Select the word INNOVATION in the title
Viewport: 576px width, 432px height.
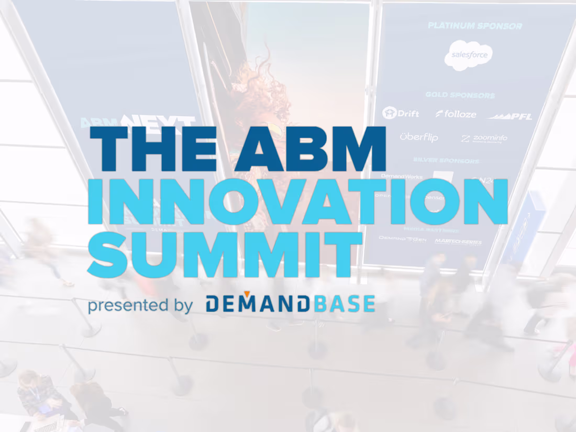(x=297, y=201)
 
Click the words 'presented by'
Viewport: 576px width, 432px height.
(x=140, y=305)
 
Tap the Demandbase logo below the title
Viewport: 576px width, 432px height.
(x=290, y=304)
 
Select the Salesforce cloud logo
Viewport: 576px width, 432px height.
(x=468, y=55)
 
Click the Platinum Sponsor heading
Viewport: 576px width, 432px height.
(x=474, y=26)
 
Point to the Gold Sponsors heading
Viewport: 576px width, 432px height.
(x=460, y=95)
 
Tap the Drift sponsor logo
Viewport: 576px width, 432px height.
(x=401, y=113)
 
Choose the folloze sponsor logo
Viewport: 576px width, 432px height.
(x=456, y=114)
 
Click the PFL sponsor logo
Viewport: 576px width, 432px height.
(x=510, y=116)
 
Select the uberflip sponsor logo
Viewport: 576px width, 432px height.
(x=418, y=138)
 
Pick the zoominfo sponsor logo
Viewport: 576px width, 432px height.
(x=484, y=139)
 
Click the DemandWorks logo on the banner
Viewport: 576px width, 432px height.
(x=402, y=176)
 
